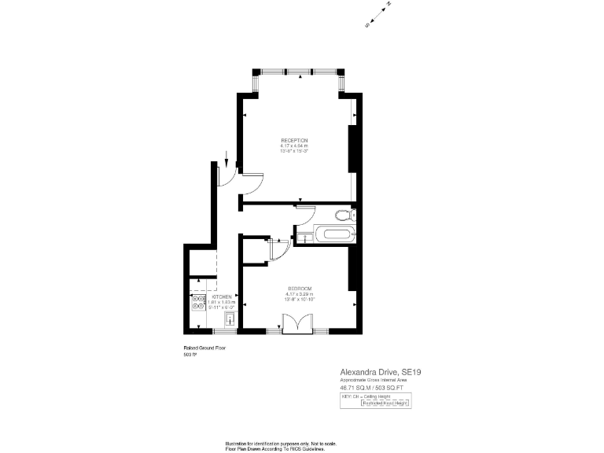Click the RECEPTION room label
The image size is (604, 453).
pos(294,140)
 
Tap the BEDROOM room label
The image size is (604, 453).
pos(300,287)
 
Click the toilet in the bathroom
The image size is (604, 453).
pos(344,215)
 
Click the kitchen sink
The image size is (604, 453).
pos(230,319)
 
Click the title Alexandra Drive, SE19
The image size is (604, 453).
pos(374,371)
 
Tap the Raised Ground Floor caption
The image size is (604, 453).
pos(204,348)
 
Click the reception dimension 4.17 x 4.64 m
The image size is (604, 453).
pos(294,145)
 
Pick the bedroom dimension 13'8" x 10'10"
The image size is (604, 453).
pos(300,299)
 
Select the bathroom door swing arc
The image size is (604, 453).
pos(308,212)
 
